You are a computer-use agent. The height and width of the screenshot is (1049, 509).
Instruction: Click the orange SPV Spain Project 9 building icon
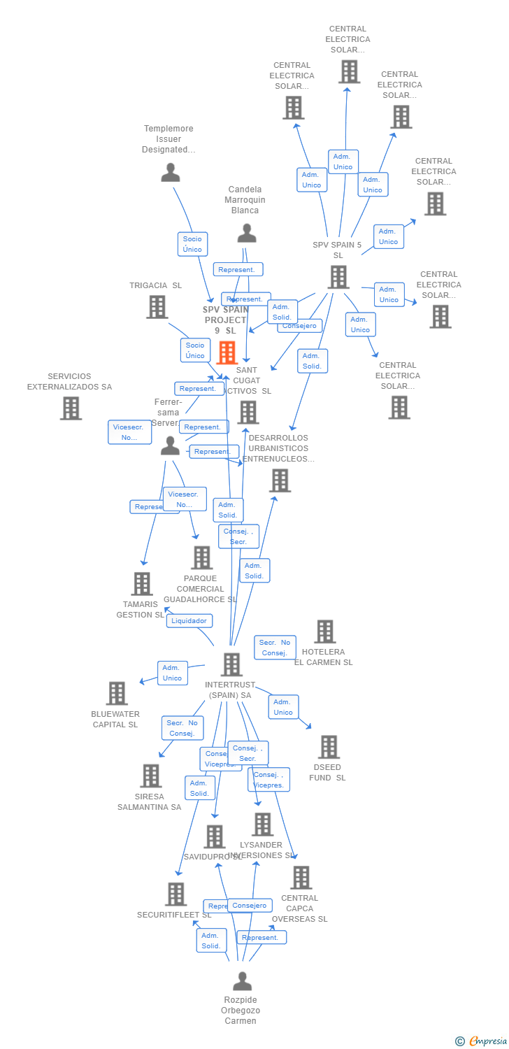(227, 352)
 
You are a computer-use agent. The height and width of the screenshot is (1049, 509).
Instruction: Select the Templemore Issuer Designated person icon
(171, 172)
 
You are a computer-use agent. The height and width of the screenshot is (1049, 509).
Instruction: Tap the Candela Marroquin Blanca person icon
(247, 233)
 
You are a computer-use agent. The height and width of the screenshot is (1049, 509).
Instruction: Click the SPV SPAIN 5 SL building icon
(338, 277)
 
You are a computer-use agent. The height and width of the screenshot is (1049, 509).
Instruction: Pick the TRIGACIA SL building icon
(157, 306)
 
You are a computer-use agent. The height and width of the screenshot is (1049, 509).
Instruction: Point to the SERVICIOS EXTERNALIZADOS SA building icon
(71, 408)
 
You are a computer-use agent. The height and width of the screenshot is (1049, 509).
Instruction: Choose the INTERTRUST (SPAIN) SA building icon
(231, 664)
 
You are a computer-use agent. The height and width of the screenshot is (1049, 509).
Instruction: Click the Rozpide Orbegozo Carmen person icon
(242, 981)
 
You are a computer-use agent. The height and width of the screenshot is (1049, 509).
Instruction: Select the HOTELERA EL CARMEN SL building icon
(324, 631)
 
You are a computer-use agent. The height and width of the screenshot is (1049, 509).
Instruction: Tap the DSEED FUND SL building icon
(329, 747)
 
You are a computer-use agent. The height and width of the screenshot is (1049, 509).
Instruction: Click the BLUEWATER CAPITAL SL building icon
(116, 693)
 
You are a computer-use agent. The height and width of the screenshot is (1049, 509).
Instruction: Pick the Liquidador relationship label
(189, 620)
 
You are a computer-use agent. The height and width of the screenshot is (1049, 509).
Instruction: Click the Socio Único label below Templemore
(192, 244)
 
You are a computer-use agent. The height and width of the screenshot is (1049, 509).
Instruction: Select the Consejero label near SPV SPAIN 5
(299, 325)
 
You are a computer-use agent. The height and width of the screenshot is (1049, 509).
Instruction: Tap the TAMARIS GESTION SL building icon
(142, 583)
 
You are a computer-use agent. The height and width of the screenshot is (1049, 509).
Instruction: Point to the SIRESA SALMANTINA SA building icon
(151, 776)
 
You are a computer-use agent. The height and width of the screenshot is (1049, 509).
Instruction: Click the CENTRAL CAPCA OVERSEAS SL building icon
(301, 877)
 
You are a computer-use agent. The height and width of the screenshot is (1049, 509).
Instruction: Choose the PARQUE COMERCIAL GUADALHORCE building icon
(202, 557)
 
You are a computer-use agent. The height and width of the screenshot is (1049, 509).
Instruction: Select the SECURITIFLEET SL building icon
(175, 894)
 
